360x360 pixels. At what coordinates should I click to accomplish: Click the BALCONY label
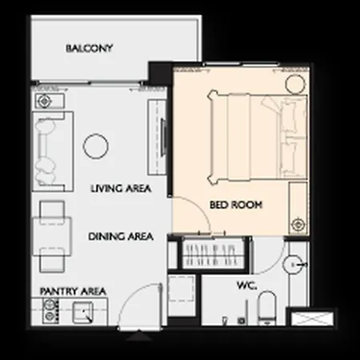pos(90,48)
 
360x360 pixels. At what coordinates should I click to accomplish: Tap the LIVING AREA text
pos(121,189)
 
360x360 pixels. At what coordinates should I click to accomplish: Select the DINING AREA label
pos(121,237)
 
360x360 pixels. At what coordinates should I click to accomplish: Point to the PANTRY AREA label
pos(73,291)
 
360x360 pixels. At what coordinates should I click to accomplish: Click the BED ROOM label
pos(236,205)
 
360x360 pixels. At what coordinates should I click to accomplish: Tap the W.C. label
pos(247,286)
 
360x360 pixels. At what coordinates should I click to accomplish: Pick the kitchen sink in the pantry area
pos(82,312)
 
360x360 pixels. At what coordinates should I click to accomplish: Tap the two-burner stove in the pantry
pos(50,311)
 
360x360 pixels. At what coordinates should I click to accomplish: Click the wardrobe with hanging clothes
pos(213,254)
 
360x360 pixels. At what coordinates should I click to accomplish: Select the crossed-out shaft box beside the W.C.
pos(312,318)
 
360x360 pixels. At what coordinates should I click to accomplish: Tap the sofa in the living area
pos(53,151)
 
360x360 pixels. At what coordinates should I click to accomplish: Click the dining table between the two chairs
pos(52,237)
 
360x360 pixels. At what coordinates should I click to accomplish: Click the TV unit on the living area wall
pos(158,138)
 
